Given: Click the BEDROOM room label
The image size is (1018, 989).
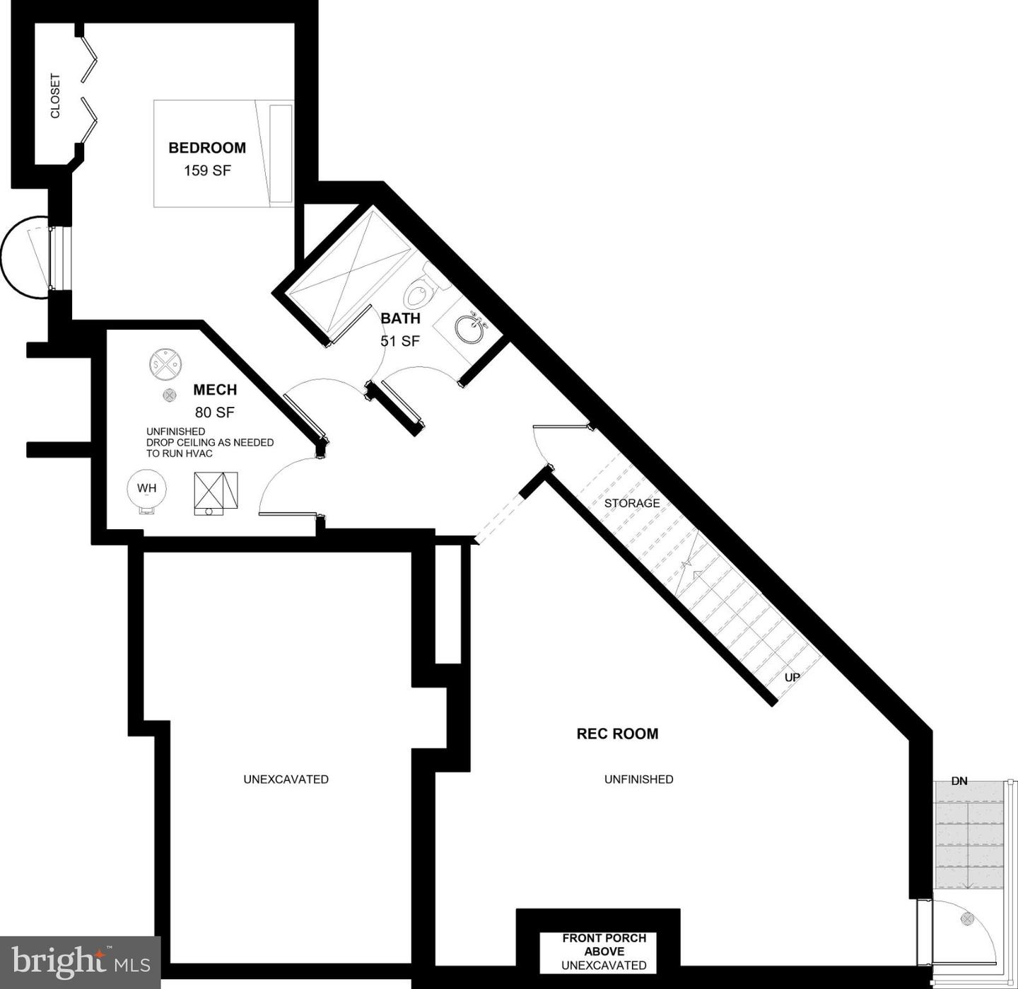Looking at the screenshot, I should (x=207, y=148).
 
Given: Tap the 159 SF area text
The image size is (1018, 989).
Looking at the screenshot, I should (x=207, y=170).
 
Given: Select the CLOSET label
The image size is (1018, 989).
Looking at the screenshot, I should (x=55, y=96).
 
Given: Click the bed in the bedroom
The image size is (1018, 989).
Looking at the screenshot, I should (x=223, y=154).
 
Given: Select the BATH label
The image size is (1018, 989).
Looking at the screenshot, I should (x=400, y=318).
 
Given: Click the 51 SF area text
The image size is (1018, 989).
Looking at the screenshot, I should (x=400, y=341).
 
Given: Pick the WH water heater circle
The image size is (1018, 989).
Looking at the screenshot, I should (x=147, y=489).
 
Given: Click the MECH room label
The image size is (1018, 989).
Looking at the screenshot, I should (x=215, y=390).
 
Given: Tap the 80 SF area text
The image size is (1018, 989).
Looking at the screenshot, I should (x=215, y=412).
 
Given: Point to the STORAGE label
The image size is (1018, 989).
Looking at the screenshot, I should (x=632, y=503).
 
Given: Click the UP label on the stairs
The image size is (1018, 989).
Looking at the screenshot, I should (x=792, y=677).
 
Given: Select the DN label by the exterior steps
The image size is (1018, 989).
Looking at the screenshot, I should (x=959, y=781).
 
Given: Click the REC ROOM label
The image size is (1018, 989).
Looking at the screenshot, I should (x=617, y=734).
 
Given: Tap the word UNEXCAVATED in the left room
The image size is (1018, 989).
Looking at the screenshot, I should (x=286, y=779).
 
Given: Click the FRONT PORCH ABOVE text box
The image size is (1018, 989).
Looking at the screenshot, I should (x=604, y=951).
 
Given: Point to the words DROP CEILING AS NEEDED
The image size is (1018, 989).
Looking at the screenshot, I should (x=210, y=442).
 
